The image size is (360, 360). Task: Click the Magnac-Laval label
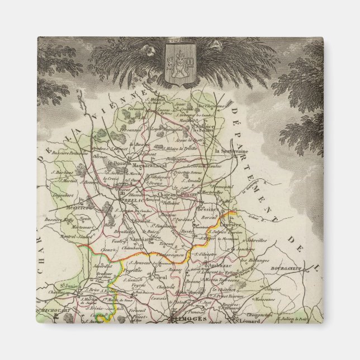[x=150, y=165]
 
